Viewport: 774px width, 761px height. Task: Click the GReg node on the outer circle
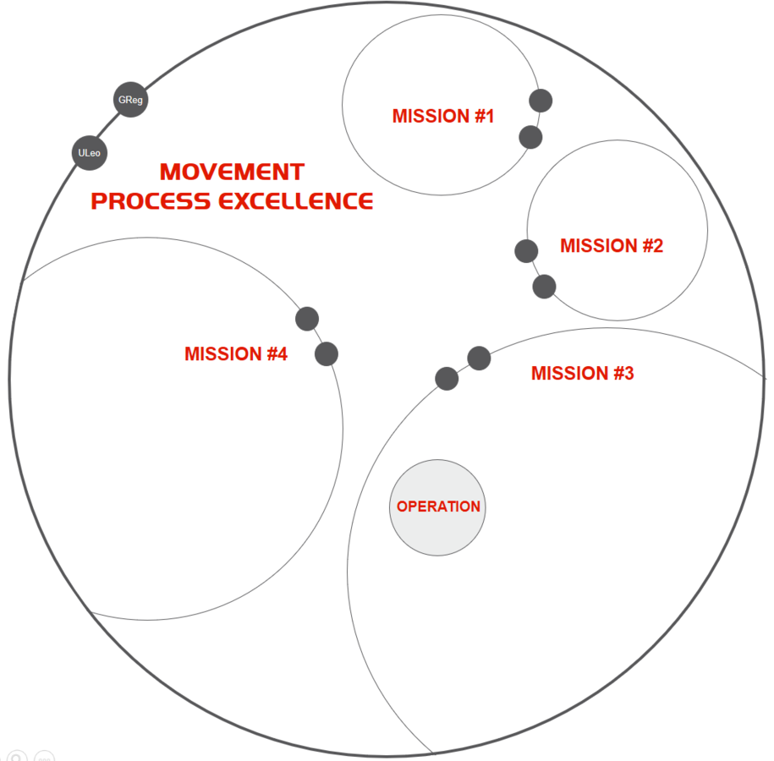[130, 100]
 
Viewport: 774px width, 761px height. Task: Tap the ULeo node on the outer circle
[89, 153]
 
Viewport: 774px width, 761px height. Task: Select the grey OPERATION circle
[437, 507]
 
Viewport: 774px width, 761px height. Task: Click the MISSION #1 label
[442, 117]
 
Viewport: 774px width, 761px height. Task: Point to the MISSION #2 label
[611, 246]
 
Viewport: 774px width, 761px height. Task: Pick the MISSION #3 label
[582, 373]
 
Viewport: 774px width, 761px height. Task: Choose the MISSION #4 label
[235, 354]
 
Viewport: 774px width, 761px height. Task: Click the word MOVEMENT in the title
[232, 172]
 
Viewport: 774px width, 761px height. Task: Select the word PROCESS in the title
[151, 201]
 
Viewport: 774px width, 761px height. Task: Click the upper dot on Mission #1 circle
[541, 101]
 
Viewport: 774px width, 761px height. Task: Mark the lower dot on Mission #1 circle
[530, 136]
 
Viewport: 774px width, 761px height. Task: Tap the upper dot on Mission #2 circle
[526, 250]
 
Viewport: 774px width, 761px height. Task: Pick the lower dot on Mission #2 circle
[544, 287]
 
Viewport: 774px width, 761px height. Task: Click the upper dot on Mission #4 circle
[307, 319]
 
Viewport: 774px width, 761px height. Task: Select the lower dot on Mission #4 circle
[327, 353]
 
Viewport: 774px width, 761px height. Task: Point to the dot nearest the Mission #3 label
[479, 359]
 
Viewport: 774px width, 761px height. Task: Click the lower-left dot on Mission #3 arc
[447, 379]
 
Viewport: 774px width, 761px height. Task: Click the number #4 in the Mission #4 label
[277, 354]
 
